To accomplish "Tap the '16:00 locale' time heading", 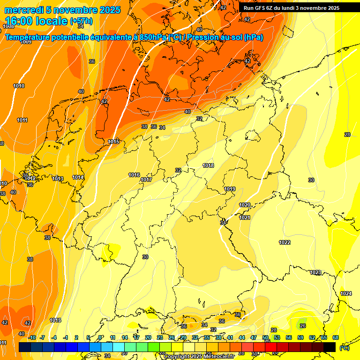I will click(x=36, y=21).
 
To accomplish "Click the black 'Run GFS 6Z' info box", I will click(x=291, y=8).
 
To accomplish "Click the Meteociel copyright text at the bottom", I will click(x=199, y=357).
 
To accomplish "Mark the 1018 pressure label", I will click(x=208, y=166).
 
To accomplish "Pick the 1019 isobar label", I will click(x=230, y=189).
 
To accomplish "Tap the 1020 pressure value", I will click(x=245, y=205).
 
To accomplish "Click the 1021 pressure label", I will click(x=245, y=217).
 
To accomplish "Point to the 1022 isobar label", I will click(x=285, y=242).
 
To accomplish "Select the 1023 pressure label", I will click(x=315, y=272).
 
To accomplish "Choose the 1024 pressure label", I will click(x=346, y=293).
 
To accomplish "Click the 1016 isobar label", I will click(x=134, y=175).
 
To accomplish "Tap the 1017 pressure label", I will click(x=146, y=180).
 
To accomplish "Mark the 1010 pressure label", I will click(x=19, y=86).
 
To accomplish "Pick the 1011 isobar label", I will click(x=22, y=120).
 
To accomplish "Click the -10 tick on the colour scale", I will click(x=32, y=337).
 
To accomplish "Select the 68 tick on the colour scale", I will click(x=336, y=337).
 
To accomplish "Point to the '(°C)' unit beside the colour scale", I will click(x=344, y=347).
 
